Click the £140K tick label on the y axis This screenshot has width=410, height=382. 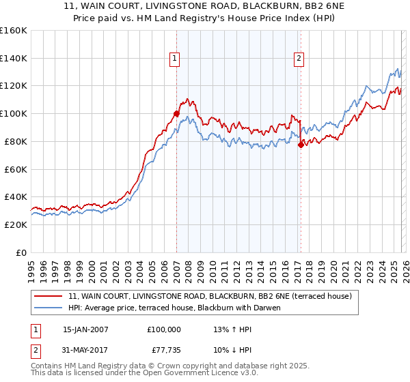point(14,59)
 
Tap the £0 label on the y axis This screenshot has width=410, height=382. point(22,252)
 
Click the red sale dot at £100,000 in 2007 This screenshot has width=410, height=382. point(176,113)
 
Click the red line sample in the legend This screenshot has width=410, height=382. point(49,296)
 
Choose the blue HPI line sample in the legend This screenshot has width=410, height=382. point(49,308)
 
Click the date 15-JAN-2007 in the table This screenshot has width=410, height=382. point(85,329)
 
